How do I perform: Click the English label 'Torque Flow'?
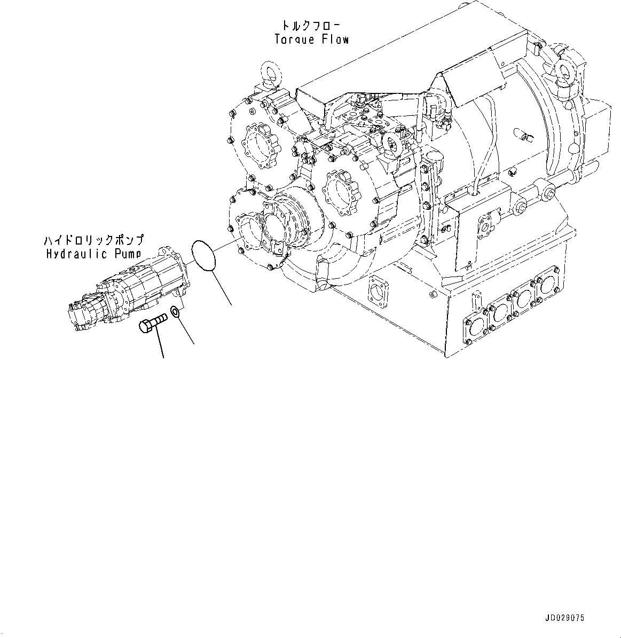pos(312,39)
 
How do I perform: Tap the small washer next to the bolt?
pos(175,312)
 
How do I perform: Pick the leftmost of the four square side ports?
pos(475,324)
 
